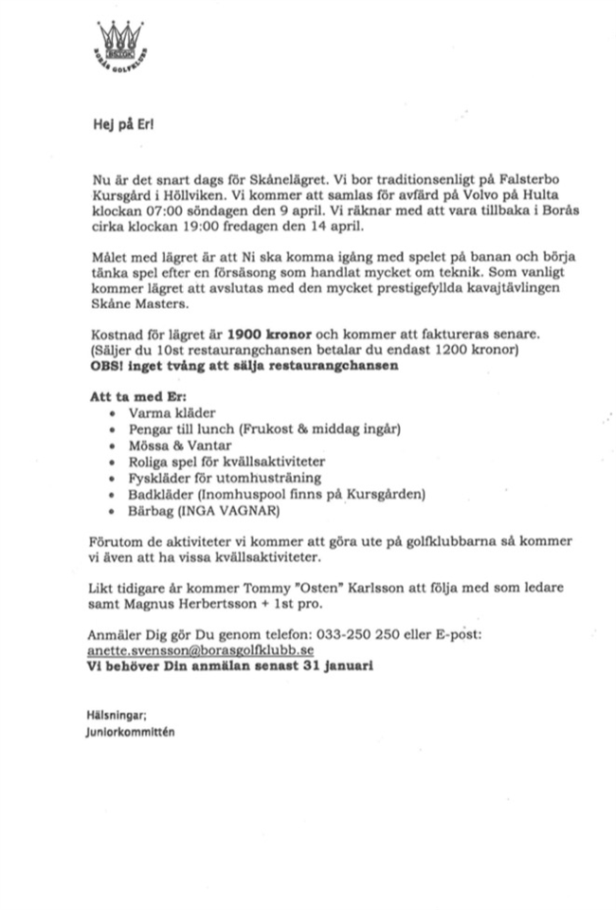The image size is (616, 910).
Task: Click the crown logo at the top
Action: click(118, 46)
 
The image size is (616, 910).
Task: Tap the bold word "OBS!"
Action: click(106, 365)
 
